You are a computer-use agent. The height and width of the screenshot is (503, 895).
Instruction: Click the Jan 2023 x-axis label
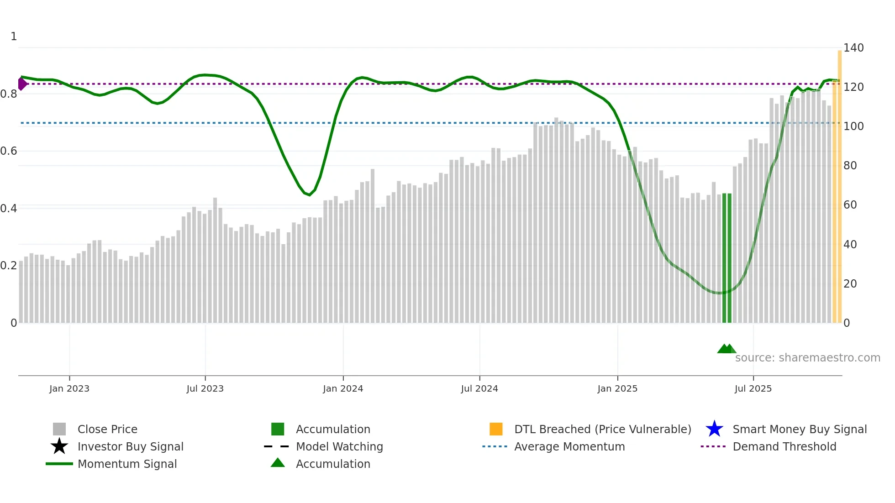69,388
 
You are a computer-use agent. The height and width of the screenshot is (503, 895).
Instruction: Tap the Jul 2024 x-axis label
479,388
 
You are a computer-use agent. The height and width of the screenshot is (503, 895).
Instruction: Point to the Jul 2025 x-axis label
753,388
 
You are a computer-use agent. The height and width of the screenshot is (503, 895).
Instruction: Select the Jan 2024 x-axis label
343,388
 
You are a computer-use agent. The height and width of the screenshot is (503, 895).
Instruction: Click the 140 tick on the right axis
853,48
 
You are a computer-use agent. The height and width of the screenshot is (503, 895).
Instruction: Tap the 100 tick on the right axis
853,126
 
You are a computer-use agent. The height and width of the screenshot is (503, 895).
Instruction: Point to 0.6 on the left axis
9,151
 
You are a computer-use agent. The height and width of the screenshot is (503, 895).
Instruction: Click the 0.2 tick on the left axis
9,266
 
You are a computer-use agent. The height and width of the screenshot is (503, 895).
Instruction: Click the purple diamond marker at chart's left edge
22,84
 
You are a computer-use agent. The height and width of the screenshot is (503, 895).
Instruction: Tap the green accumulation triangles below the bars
727,349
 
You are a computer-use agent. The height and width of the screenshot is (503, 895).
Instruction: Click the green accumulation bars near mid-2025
727,258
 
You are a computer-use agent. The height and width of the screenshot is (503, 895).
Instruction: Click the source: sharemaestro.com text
807,358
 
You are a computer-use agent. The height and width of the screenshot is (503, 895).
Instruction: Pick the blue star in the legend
714,429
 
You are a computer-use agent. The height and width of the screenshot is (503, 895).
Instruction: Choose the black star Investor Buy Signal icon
59,446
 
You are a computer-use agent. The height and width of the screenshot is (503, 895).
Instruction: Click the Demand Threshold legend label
784,446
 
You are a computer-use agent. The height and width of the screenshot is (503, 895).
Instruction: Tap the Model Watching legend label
339,446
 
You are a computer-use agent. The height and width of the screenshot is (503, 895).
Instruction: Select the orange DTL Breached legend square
496,429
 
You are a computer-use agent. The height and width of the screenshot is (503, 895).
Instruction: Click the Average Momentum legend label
569,446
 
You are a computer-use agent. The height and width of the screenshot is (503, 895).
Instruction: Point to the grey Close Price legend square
59,429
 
